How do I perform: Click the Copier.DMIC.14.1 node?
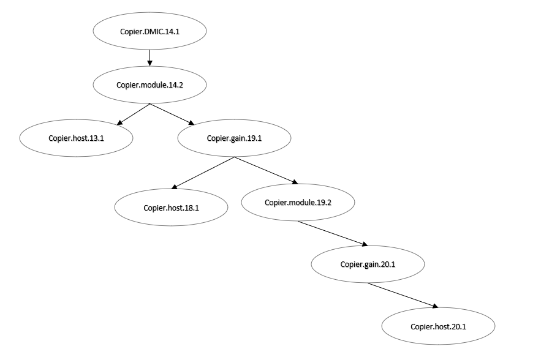[x=149, y=31]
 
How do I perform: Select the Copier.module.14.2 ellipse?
[x=149, y=84]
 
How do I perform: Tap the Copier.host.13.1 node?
[x=76, y=138]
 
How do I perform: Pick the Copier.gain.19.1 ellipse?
[x=234, y=138]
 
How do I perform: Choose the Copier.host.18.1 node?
[x=171, y=208]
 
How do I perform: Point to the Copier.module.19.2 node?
[x=298, y=202]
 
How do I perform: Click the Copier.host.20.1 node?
[x=438, y=326]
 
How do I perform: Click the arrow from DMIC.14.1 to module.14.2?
[x=149, y=58]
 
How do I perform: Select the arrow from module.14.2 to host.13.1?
[x=133, y=113]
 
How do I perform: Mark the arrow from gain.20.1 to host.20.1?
[x=403, y=295]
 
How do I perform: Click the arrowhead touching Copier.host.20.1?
[x=435, y=307]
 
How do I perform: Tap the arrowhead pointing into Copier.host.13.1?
[x=119, y=122]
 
